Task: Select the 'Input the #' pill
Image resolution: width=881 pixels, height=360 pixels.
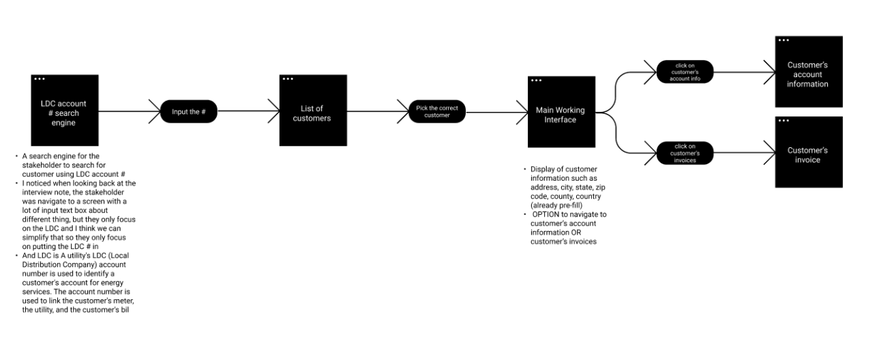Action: pos(188,112)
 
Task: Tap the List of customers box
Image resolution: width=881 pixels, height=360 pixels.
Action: pos(313,110)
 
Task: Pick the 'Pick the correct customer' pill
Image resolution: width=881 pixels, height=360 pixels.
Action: pos(437,111)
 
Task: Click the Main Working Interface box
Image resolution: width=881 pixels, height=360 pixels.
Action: pos(561,112)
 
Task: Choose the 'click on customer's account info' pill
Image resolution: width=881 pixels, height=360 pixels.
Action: pos(685,72)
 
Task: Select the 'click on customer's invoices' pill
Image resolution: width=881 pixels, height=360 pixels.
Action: pos(685,153)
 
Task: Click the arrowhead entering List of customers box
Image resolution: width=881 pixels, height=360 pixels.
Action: pos(275,110)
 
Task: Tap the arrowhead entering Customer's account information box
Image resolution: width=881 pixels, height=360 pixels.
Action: pos(771,71)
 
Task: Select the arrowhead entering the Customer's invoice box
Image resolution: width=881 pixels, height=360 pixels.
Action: pos(771,152)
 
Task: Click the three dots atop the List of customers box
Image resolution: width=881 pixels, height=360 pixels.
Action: pos(288,79)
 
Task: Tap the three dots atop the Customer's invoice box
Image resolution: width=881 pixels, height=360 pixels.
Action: pos(783,121)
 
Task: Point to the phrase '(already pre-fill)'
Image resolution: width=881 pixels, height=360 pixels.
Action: pos(556,205)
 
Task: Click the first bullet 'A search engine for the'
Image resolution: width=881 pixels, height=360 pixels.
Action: pos(60,156)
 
